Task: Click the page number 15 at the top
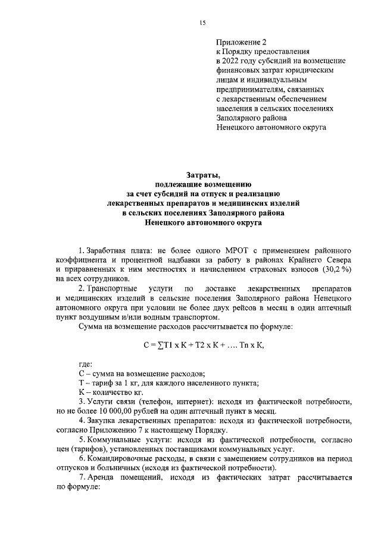coord(202,23)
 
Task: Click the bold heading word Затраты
coord(203,174)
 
